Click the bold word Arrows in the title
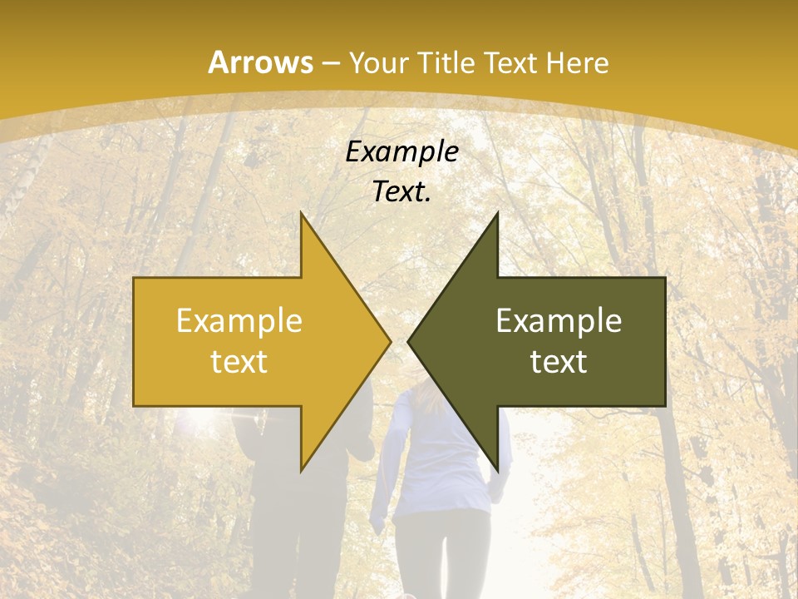point(260,62)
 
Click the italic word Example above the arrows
point(401,152)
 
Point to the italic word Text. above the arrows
point(401,191)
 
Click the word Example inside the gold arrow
point(239,321)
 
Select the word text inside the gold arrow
point(239,362)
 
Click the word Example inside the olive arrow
point(559,321)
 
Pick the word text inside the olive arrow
point(559,362)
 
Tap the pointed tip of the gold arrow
point(390,341)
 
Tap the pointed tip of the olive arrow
point(408,341)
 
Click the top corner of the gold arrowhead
point(301,213)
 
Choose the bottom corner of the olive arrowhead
point(497,470)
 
